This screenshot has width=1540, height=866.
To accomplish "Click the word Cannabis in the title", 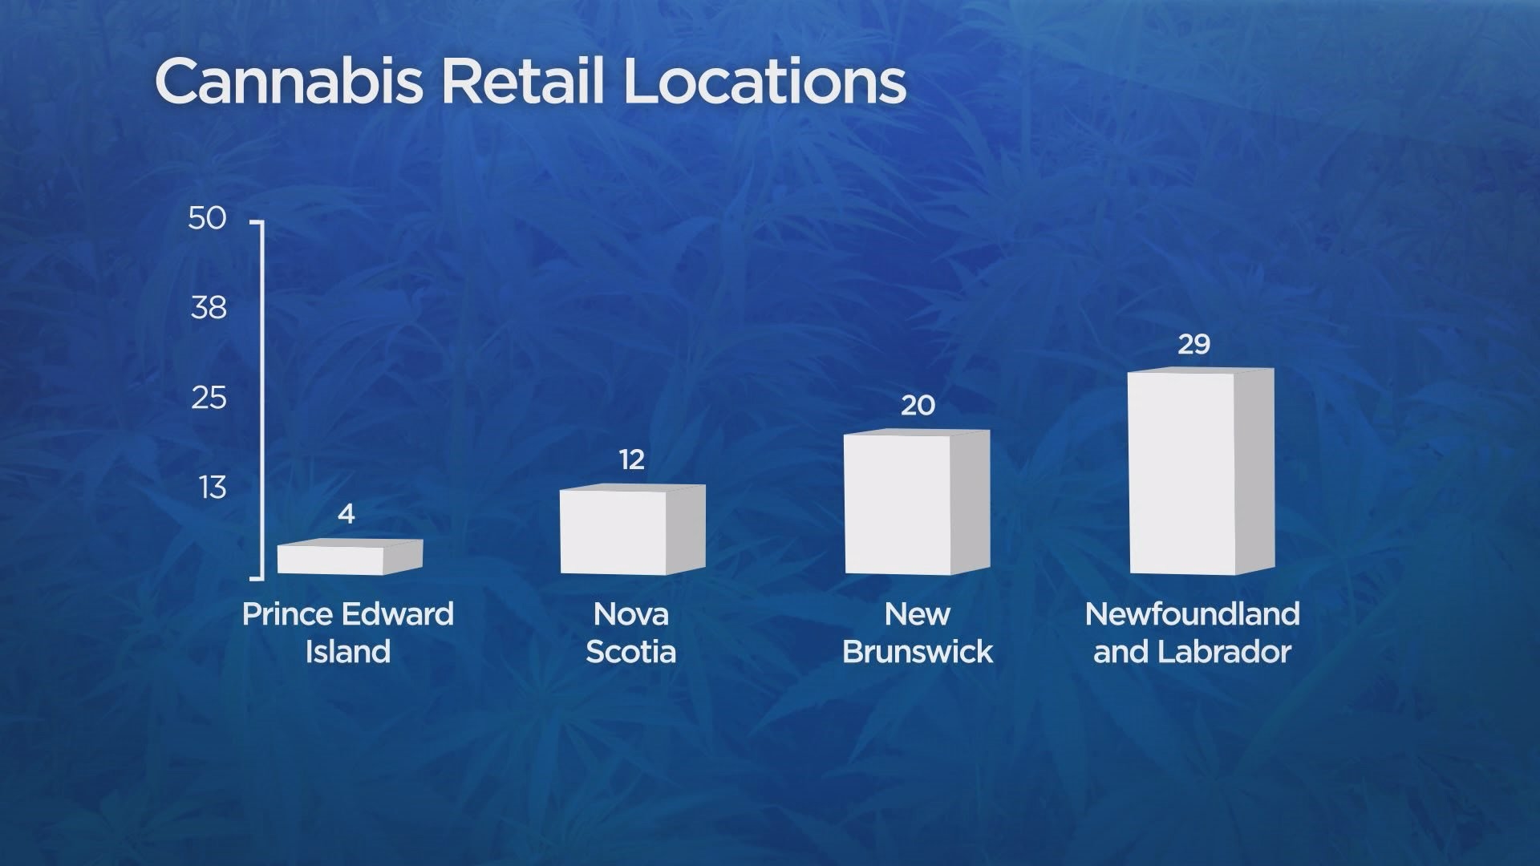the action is [289, 81].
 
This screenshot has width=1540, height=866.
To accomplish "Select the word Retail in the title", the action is [522, 81].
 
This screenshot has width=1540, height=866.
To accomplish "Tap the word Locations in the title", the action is [764, 81].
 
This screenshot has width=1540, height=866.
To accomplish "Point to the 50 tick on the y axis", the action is [208, 218].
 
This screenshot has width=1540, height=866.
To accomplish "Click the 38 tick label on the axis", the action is [209, 308].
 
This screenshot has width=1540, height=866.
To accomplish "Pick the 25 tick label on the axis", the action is [209, 398].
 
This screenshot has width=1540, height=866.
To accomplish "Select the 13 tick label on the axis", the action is [213, 488].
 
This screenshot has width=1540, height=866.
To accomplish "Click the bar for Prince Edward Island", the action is [350, 557].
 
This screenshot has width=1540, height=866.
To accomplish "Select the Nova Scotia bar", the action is [633, 530].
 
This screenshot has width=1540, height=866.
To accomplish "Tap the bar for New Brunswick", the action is [918, 502].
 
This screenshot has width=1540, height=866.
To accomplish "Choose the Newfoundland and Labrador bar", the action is [1202, 471].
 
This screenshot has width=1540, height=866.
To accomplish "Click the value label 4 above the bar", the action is [346, 514].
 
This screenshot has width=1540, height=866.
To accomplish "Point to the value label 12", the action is [632, 459].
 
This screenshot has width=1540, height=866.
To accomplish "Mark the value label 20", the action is [918, 406].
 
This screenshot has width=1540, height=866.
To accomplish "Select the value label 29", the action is [1193, 345].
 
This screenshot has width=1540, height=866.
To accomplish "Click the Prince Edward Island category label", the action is [348, 633].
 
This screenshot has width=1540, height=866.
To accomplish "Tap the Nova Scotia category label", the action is [631, 633].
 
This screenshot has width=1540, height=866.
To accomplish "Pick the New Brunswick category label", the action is [918, 633].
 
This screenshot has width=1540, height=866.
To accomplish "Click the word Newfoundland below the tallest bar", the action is [1193, 614].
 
